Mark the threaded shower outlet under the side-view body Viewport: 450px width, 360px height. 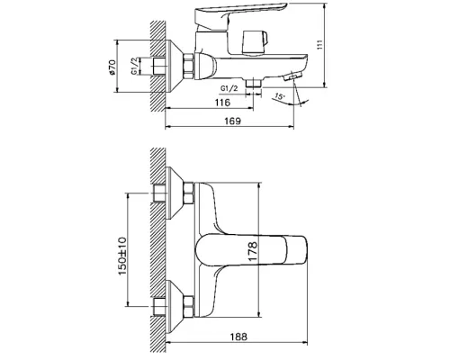point(257,85)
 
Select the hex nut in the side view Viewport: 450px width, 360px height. point(190,65)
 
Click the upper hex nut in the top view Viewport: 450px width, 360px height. point(190,195)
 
